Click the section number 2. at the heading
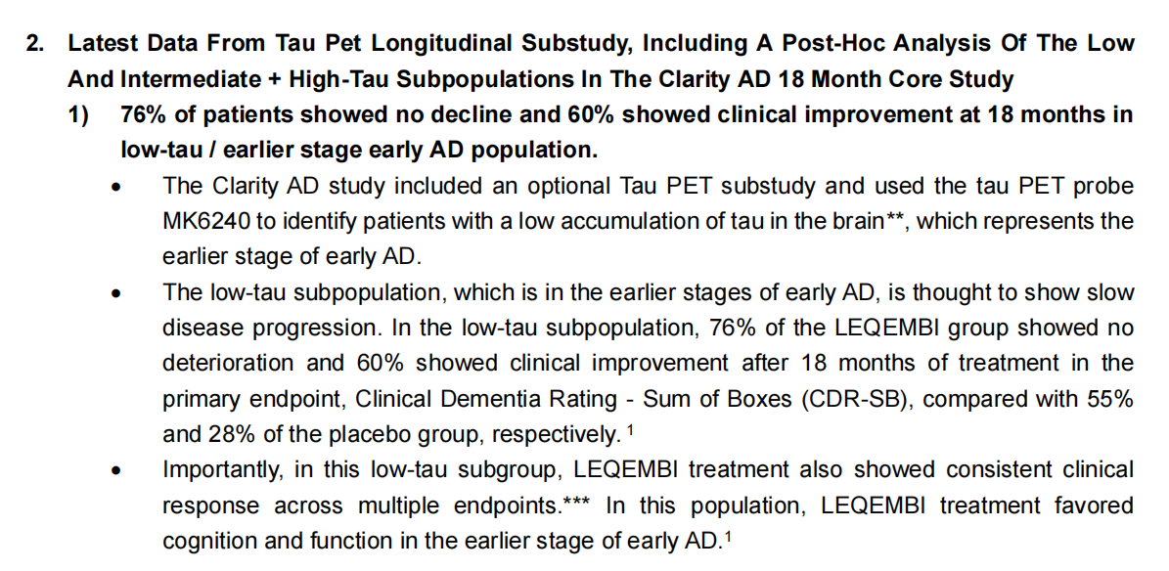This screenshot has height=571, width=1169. coord(35,42)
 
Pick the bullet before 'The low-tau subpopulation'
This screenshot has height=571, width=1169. coord(115,296)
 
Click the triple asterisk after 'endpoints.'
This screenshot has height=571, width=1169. coord(575,501)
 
